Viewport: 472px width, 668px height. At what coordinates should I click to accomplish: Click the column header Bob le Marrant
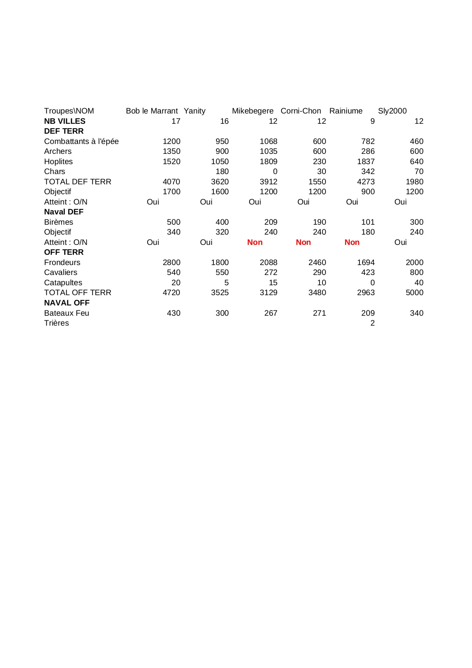pos(152,111)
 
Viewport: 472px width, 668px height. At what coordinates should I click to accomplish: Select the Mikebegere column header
pos(253,111)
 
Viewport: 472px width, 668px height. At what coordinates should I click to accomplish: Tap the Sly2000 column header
pos(392,111)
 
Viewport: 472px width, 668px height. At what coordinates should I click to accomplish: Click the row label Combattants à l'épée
pos(81,141)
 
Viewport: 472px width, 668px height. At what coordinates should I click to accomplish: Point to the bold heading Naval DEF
pos(64,212)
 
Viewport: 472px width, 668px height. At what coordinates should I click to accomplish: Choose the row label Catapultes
pos(63,283)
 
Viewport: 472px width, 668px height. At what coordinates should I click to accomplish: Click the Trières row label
pos(56,323)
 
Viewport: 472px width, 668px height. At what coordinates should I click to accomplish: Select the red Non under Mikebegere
pos(255,242)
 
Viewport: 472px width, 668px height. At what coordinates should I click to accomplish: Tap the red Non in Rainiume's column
pos(352,242)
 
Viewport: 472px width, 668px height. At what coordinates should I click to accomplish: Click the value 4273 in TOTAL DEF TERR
pos(366,182)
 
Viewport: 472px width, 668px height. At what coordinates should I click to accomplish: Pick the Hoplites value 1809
pos(269,161)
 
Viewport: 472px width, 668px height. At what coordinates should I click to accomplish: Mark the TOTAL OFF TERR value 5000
pos(415,292)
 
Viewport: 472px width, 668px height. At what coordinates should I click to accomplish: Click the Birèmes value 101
pos(368,222)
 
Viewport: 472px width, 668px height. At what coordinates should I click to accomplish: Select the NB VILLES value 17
pos(176,121)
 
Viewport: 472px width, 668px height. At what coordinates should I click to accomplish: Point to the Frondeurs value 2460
pos(317,262)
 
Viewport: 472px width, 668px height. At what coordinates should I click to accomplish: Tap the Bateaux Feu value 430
pos(173,313)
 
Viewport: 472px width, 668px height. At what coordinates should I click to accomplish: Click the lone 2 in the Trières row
pos(372,323)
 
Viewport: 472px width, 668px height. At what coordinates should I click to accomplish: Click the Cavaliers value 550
pos(222,272)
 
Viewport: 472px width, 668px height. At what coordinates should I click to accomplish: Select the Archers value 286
pos(368,151)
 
